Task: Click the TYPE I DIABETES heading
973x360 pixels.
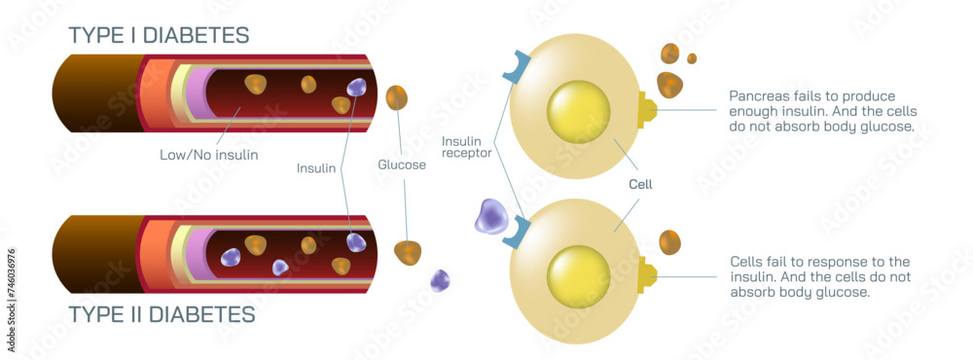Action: pyautogui.click(x=159, y=35)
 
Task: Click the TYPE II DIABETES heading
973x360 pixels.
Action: pyautogui.click(x=162, y=314)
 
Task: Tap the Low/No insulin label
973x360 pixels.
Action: pyautogui.click(x=208, y=155)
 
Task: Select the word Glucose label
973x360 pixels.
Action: pyautogui.click(x=402, y=164)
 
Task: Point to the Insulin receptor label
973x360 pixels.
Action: pyautogui.click(x=467, y=146)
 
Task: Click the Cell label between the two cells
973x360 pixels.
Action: pyautogui.click(x=640, y=184)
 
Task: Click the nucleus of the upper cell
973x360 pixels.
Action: pyautogui.click(x=578, y=111)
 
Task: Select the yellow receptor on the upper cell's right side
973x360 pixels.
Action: pyautogui.click(x=646, y=109)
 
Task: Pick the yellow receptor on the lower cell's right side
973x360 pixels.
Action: pyautogui.click(x=646, y=275)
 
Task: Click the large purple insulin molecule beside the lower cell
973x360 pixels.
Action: pyautogui.click(x=491, y=216)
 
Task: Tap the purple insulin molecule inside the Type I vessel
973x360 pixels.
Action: pyautogui.click(x=356, y=87)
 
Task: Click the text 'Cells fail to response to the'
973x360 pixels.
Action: pyautogui.click(x=819, y=261)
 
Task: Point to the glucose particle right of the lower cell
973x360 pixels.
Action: pyautogui.click(x=669, y=241)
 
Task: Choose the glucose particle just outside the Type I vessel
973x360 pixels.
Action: pyautogui.click(x=397, y=97)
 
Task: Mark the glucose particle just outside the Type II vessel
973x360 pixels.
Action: pyautogui.click(x=408, y=252)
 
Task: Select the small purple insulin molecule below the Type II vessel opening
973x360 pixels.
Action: pyautogui.click(x=440, y=280)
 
